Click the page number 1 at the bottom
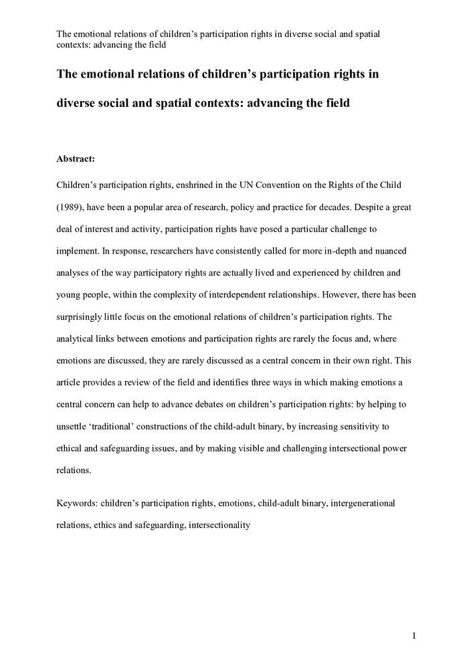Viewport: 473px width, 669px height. (x=414, y=636)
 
